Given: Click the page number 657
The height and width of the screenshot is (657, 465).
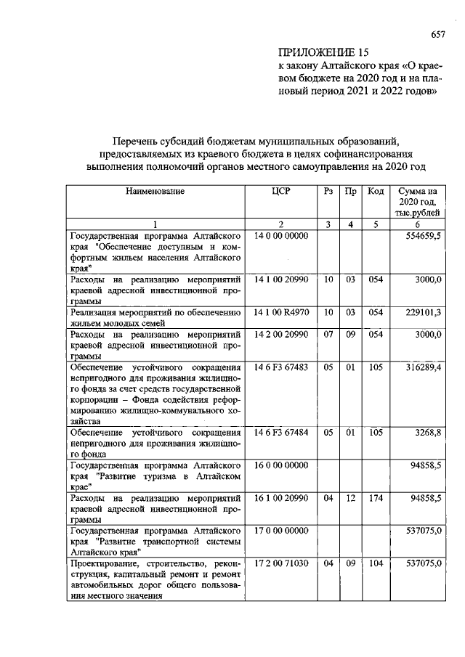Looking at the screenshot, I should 437,34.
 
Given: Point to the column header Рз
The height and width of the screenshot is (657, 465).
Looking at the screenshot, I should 328,192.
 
